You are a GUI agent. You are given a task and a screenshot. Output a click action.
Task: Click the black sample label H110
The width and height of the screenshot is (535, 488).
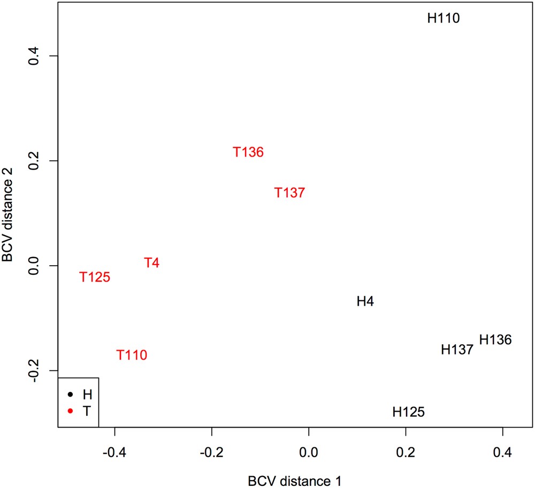point(444,19)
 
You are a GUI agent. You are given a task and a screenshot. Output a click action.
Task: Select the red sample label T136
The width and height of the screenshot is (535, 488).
point(248,152)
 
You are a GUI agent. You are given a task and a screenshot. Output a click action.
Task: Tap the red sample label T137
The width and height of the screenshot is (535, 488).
point(289,193)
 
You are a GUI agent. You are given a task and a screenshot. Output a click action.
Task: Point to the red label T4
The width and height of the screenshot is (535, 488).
point(151,263)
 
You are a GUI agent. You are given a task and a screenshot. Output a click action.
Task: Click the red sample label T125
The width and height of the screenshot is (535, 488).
point(95,277)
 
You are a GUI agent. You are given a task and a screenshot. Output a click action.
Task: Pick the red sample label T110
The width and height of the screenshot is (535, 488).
point(132,355)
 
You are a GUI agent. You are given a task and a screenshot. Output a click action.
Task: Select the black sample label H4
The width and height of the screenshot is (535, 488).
point(365,302)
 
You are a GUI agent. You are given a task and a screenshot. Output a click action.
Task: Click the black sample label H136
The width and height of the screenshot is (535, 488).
point(495,339)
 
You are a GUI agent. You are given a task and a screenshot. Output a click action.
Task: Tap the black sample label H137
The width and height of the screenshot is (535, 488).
point(457,350)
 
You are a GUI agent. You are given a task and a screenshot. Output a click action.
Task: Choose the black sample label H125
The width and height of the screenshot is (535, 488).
point(409,412)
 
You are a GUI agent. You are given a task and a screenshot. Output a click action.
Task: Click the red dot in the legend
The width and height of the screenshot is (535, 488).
point(70,410)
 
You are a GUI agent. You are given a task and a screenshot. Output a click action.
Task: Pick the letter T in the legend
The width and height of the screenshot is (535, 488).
point(87,410)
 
